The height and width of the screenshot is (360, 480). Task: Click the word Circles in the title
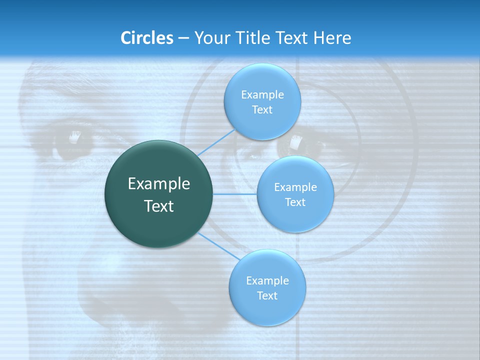tap(146, 38)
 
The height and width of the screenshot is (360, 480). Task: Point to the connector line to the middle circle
tap(234, 194)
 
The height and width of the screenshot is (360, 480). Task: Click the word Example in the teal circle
tap(159, 184)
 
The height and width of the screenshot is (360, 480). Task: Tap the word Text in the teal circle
tap(159, 206)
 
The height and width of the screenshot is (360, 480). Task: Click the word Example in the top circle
tap(262, 95)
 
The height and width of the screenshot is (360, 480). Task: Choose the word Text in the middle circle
tap(295, 202)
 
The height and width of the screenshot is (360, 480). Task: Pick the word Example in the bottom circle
tap(267, 281)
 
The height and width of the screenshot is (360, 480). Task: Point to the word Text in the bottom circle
tap(267, 296)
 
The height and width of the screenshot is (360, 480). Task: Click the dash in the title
tap(183, 38)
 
